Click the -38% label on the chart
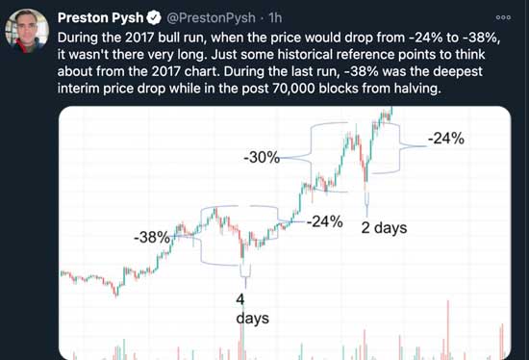[151, 237]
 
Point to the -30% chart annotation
[262, 156]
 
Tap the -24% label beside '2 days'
[324, 222]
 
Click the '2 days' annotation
[384, 229]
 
